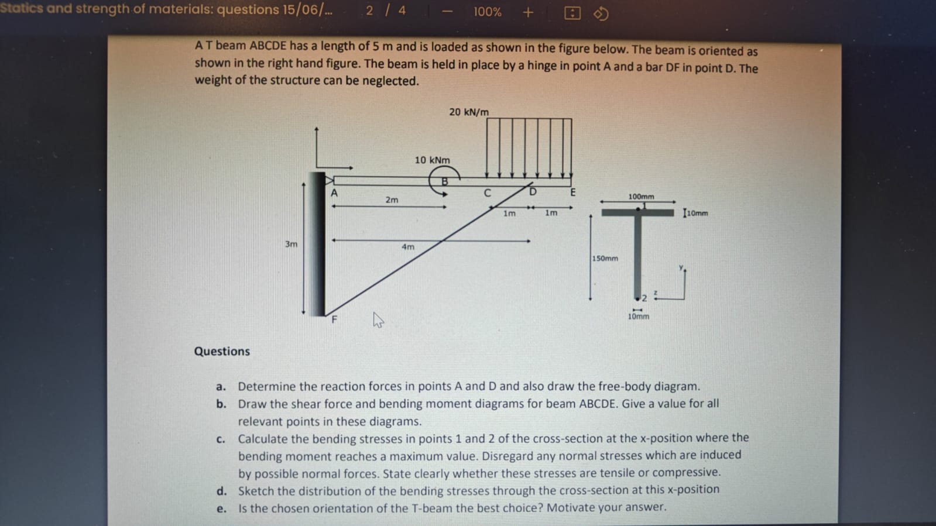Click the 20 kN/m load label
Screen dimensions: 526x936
(468, 112)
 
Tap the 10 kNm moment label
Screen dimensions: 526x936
(432, 160)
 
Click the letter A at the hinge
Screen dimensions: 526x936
(334, 193)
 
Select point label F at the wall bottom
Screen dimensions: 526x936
(334, 319)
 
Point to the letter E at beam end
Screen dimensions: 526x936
(572, 192)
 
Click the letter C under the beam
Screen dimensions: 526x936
(487, 193)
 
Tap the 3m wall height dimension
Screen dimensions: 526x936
(291, 244)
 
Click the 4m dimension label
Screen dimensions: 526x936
(407, 247)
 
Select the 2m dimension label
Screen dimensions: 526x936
(392, 200)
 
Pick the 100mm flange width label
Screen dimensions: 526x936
(641, 197)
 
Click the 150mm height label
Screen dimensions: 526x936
(605, 258)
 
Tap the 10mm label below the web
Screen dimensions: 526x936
(638, 317)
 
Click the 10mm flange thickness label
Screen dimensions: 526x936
(697, 214)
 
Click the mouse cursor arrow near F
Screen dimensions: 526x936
(378, 319)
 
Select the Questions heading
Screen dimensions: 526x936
(222, 351)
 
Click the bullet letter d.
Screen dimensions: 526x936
(221, 491)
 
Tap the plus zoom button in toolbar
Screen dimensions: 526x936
(527, 12)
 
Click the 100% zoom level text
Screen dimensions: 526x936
(487, 12)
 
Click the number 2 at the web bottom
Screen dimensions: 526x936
(644, 298)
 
